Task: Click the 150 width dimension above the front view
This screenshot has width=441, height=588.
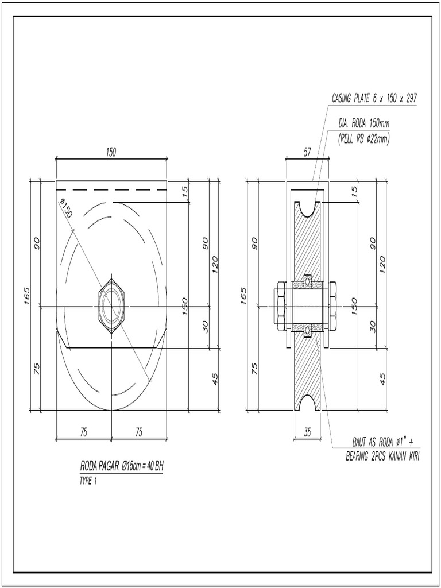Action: click(x=111, y=152)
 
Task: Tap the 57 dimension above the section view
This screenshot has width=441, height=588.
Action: click(x=307, y=152)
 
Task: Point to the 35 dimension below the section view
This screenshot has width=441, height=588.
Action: click(x=307, y=433)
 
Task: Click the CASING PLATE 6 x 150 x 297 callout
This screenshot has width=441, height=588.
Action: click(x=374, y=99)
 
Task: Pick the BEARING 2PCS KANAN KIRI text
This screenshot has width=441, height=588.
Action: click(x=378, y=457)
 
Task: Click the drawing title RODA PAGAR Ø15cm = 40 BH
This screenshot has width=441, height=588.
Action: click(x=122, y=466)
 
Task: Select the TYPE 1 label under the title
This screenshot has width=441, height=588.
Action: click(x=88, y=481)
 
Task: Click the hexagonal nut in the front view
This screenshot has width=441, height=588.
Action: click(x=112, y=306)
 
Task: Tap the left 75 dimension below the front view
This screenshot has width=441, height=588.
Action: click(x=83, y=433)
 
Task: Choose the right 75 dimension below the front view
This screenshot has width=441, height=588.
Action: click(x=138, y=433)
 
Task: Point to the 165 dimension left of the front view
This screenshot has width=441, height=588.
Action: click(x=26, y=296)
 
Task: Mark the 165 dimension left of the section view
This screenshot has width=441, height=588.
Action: click(x=243, y=296)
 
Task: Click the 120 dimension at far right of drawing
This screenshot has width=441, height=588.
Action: click(x=382, y=264)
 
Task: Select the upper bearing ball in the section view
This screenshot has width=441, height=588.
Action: click(x=307, y=281)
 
